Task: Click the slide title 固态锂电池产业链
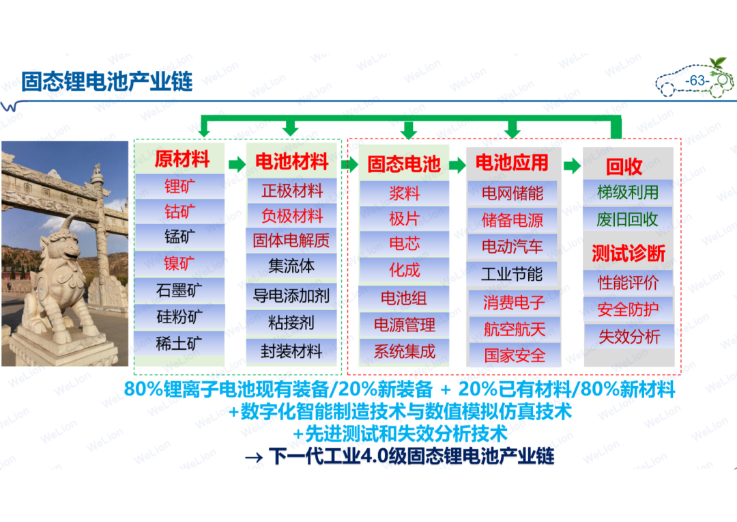click(x=106, y=81)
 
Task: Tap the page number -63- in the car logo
click(x=697, y=81)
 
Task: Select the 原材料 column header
click(x=182, y=159)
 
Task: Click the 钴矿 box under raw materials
click(x=179, y=212)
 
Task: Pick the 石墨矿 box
click(x=179, y=290)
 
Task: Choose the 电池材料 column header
click(x=291, y=161)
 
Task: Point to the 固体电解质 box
click(x=291, y=241)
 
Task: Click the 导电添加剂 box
click(x=291, y=296)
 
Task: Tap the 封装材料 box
click(x=291, y=351)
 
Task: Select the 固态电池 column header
click(x=404, y=164)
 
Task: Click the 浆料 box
click(x=404, y=193)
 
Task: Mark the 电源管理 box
click(x=404, y=325)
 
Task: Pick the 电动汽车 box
click(x=512, y=246)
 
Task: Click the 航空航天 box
click(x=515, y=329)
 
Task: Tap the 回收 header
click(x=624, y=166)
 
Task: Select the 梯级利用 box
click(x=628, y=192)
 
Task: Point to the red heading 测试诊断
click(x=628, y=253)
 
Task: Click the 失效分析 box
click(x=629, y=336)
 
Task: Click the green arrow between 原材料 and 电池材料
click(x=237, y=164)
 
